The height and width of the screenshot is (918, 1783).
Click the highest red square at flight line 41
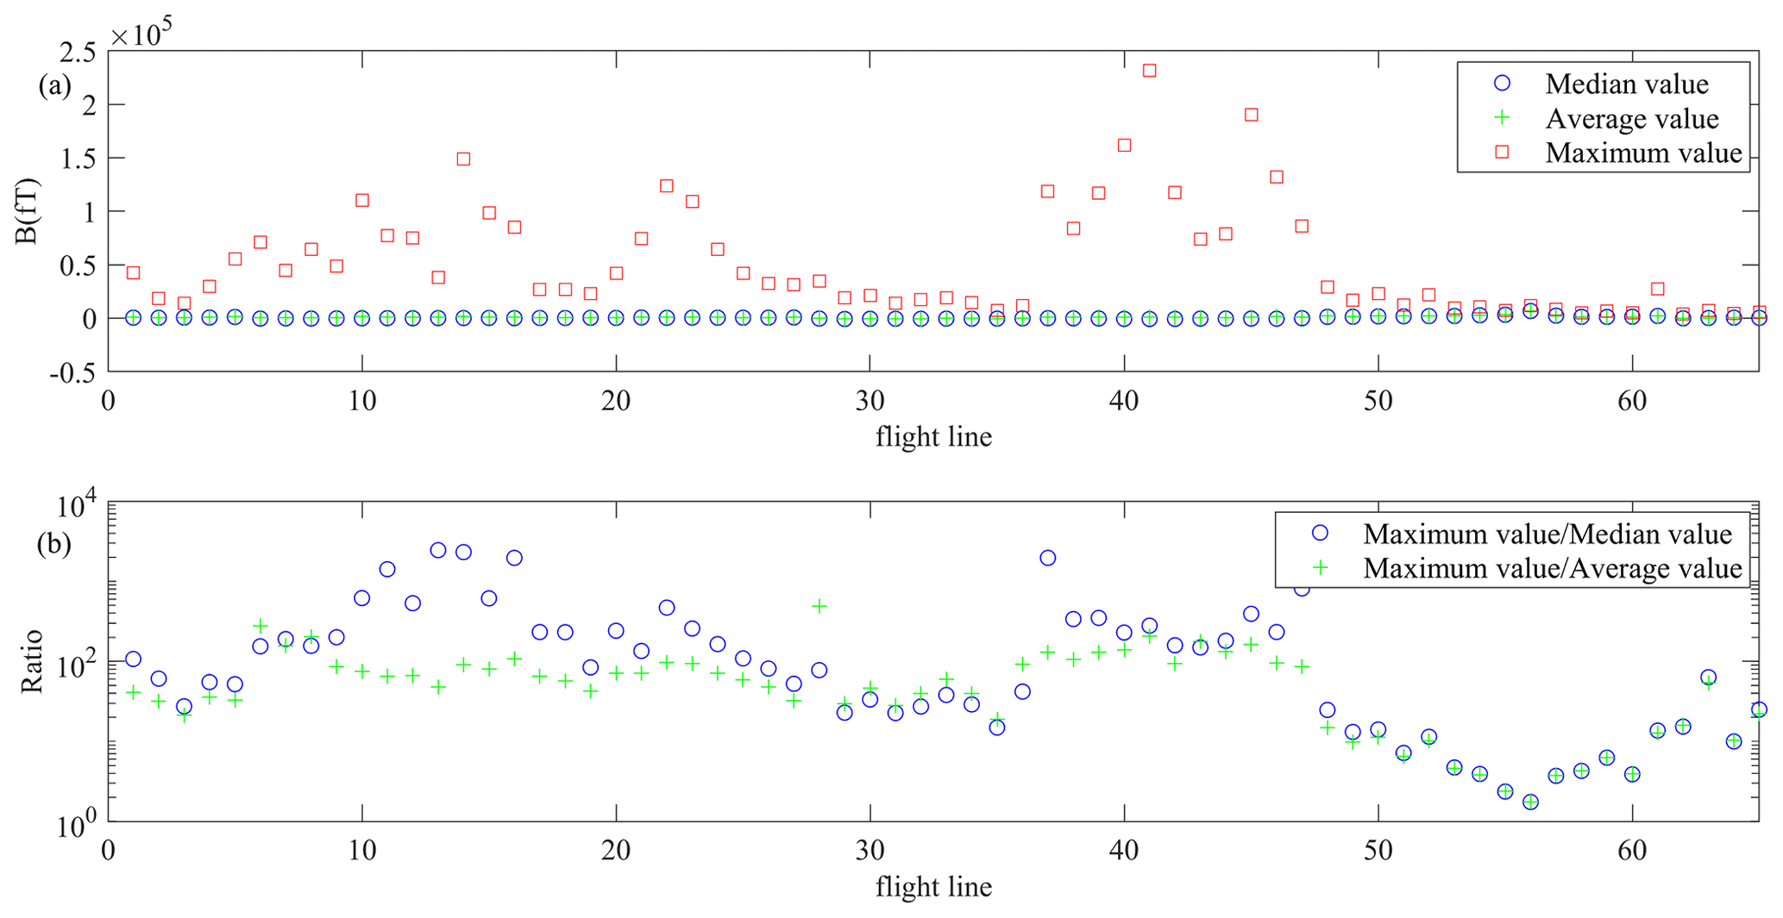(1149, 71)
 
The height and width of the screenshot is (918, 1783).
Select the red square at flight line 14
(463, 159)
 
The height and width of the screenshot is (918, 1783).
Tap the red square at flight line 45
(1251, 115)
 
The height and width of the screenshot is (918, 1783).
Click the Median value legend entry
(1626, 84)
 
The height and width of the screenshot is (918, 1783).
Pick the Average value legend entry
(1631, 118)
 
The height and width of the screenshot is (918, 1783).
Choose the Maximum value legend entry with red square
(1642, 153)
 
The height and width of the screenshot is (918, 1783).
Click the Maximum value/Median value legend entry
(1547, 534)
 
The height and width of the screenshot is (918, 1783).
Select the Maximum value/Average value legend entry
(1552, 568)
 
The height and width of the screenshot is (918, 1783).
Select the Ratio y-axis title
(32, 661)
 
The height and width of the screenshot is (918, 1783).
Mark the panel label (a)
(54, 85)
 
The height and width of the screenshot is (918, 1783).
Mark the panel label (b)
(54, 545)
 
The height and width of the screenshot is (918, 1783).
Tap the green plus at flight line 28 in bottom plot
(819, 606)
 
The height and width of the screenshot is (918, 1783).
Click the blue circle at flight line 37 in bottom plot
(1047, 558)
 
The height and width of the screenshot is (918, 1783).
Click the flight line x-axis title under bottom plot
(933, 886)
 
